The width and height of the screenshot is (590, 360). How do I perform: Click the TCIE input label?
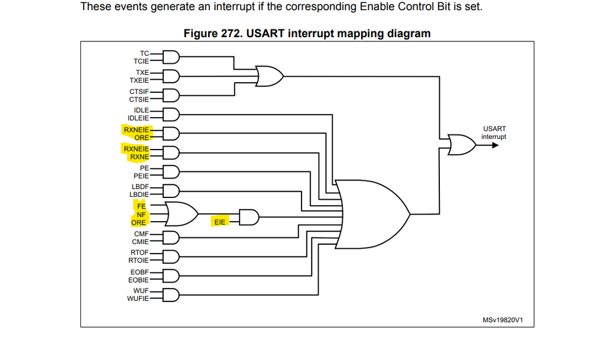tap(141, 60)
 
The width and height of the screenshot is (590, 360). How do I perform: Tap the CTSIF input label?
tap(140, 92)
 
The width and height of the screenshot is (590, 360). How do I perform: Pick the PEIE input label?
tap(141, 176)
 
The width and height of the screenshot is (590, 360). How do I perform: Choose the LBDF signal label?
tap(140, 187)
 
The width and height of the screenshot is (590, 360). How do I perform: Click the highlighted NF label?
tap(141, 215)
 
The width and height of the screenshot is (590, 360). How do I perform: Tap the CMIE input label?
tap(141, 241)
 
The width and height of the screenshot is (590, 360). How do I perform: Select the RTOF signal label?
tap(140, 252)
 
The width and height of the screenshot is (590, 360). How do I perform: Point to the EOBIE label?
tap(139, 280)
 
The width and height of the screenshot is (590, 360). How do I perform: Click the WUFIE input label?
tap(138, 298)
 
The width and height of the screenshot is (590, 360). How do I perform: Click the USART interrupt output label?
tap(494, 132)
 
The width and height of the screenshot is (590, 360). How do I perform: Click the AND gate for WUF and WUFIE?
tap(171, 294)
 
